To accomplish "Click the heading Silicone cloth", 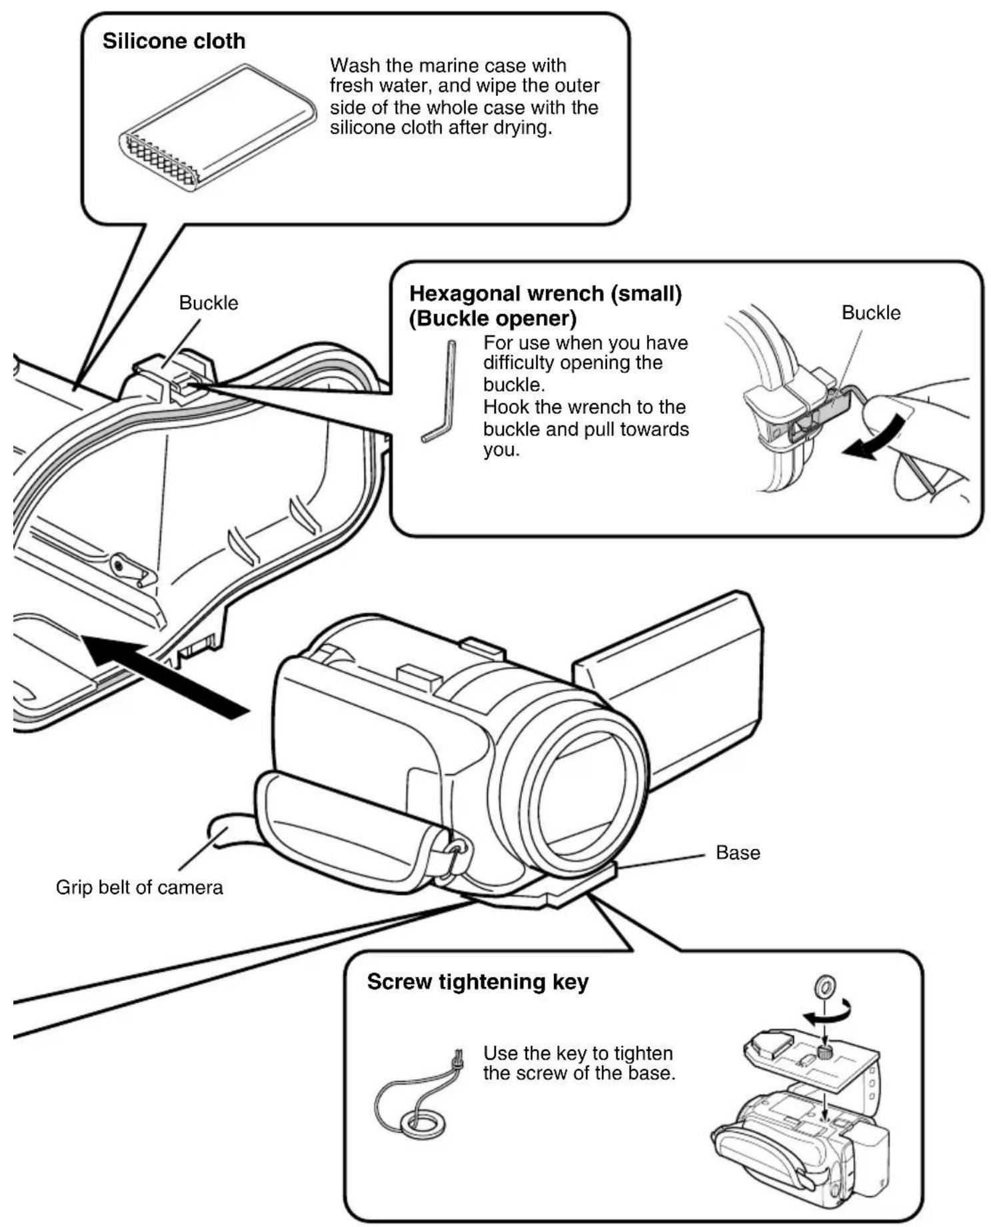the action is (174, 41).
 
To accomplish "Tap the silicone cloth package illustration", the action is (218, 126).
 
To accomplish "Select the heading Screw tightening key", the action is (478, 982).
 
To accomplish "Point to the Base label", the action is (738, 852).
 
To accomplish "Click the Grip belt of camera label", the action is (139, 888).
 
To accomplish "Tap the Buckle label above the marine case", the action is (209, 303).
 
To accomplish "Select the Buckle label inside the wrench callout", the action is (871, 313).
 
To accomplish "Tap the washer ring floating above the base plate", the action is (826, 985).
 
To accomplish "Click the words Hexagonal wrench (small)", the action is (545, 294).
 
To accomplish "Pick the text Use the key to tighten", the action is (578, 1053).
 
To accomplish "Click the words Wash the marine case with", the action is (448, 65).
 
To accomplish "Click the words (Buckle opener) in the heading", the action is (493, 319).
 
